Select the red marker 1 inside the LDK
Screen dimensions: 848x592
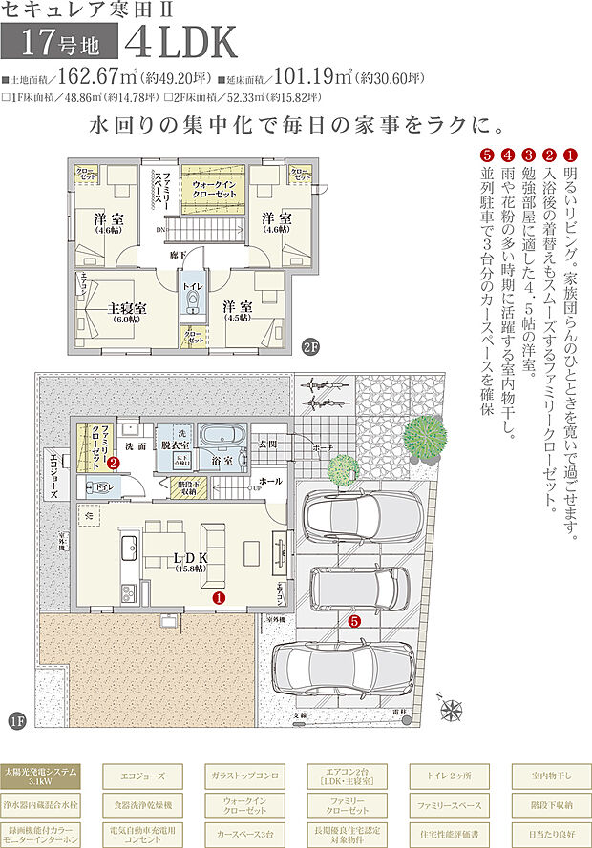[x=219, y=598]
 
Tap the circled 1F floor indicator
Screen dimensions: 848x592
[x=16, y=719]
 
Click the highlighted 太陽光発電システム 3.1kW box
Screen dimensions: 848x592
[x=37, y=776]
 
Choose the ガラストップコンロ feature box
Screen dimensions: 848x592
[x=241, y=776]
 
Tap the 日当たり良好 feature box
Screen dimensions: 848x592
[x=548, y=833]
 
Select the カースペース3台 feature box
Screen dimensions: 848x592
[x=241, y=833]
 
